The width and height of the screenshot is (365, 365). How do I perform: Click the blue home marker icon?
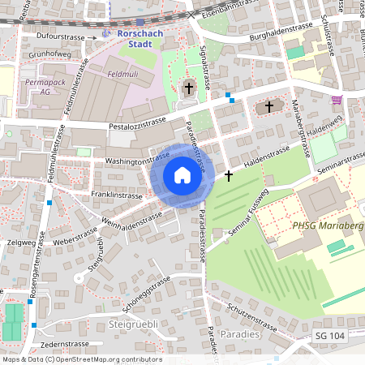tap(182, 175)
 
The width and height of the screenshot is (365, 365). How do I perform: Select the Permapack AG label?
tap(45, 88)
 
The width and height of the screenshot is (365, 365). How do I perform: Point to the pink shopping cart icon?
tap(337, 100)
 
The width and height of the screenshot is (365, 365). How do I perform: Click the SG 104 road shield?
tap(330, 335)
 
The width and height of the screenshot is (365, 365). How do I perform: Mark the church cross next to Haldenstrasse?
tap(228, 176)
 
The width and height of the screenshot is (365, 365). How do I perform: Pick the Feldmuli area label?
tap(123, 74)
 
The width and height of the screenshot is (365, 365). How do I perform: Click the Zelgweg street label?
tap(19, 242)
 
